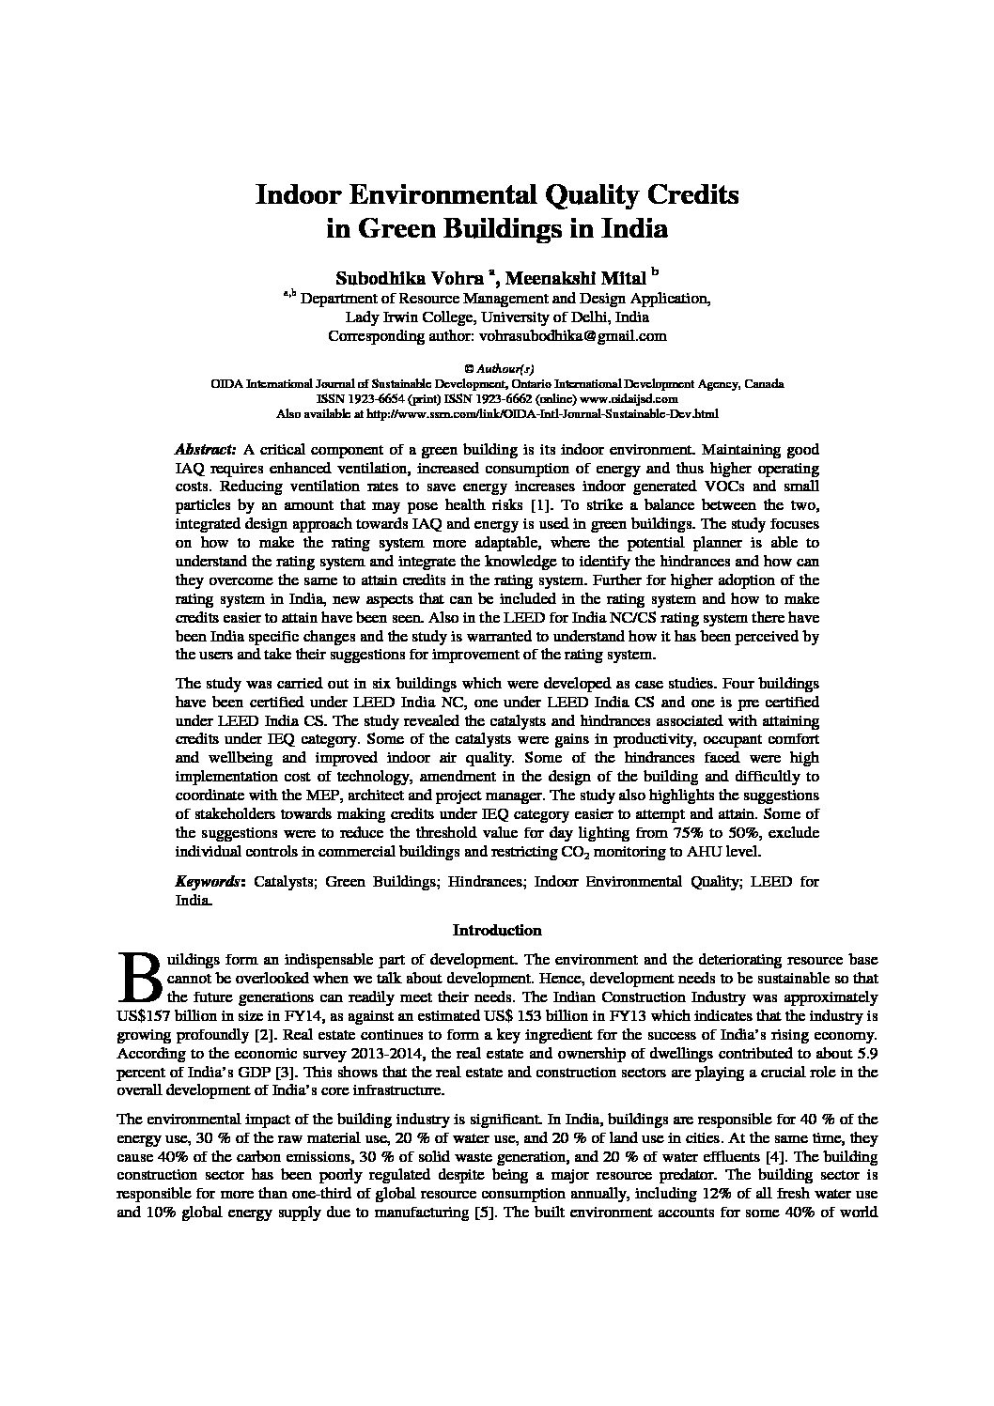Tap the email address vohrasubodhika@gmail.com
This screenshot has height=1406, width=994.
(x=573, y=335)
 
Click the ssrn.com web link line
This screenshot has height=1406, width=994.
(x=497, y=412)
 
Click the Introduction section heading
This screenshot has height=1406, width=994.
(x=497, y=931)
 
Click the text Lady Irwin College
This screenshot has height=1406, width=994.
(x=406, y=317)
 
